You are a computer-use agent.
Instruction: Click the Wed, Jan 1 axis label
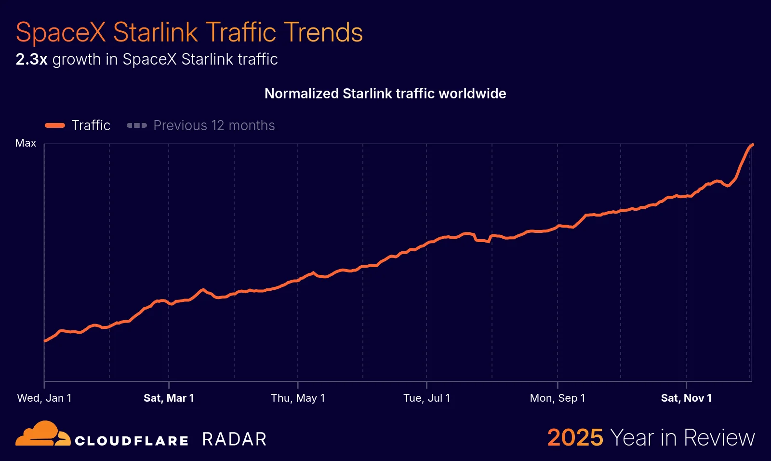coord(44,398)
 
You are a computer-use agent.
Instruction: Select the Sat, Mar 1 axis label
coord(169,398)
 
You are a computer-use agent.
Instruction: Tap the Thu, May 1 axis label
coord(298,398)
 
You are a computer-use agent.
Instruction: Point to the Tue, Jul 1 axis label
coord(426,398)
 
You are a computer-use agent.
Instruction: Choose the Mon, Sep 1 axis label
coord(558,398)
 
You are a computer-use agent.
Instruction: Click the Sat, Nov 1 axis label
coord(686,398)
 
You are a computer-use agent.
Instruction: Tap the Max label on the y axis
coord(26,143)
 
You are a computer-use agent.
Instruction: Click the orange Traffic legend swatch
coord(55,125)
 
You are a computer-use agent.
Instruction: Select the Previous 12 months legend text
coord(214,125)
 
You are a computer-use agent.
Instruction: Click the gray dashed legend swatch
coord(136,125)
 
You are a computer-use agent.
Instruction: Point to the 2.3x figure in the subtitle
coord(31,59)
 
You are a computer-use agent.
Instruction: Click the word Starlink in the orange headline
coord(155,32)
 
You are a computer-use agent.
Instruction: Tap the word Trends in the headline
coord(323,32)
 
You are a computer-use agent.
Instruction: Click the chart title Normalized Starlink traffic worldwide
coord(385,94)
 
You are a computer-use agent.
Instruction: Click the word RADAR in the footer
coord(234,439)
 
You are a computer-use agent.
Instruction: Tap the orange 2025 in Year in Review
coord(575,438)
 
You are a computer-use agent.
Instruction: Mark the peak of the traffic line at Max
coord(752,145)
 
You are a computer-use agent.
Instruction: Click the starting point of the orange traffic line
coord(45,341)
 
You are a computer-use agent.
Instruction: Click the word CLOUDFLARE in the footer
coord(132,441)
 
